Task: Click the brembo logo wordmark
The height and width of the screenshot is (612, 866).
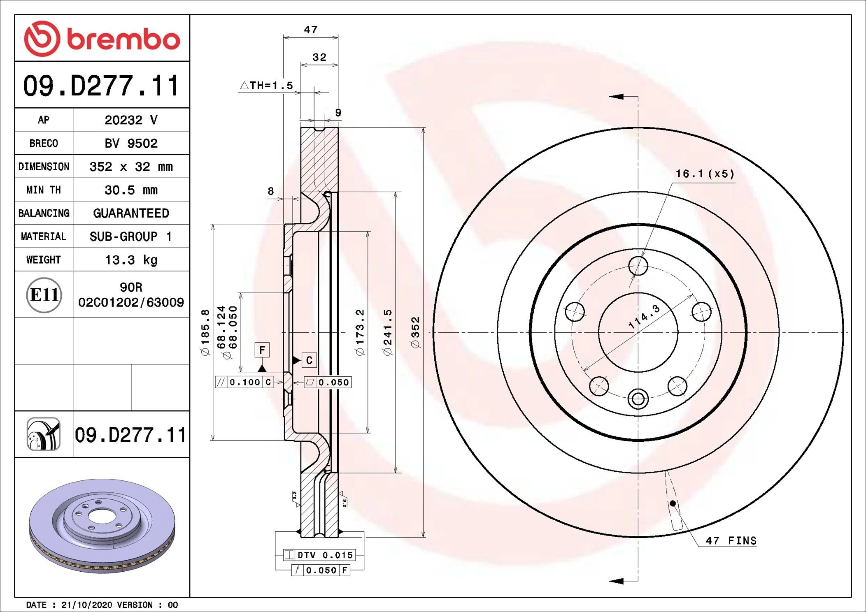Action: coord(123,39)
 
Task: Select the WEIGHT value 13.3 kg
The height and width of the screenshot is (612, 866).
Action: coord(131,260)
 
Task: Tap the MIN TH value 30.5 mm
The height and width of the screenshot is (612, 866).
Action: coord(131,190)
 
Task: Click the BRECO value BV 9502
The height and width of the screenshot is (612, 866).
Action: coord(131,143)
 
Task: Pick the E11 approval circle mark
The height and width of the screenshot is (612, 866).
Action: coord(44,294)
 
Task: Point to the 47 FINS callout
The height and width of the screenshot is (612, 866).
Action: coord(731,540)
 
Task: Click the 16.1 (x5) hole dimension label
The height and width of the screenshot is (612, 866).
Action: coord(704,174)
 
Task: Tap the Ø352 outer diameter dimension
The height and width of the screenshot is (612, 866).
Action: coord(415,332)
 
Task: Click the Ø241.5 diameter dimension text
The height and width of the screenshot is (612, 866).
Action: coord(387,332)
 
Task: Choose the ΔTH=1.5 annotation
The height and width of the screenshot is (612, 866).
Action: coord(267,86)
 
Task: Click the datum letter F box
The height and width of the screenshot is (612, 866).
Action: coord(262,350)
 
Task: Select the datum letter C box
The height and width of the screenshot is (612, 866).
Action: coord(309,360)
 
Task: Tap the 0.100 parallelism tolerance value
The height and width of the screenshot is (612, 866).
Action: coord(245,382)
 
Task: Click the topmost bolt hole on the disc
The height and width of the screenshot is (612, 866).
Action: coord(638,266)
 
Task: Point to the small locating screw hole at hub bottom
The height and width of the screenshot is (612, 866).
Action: coord(638,399)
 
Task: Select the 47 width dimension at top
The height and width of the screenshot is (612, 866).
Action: coord(311,30)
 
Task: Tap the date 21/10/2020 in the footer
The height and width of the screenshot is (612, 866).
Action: coord(86,605)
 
